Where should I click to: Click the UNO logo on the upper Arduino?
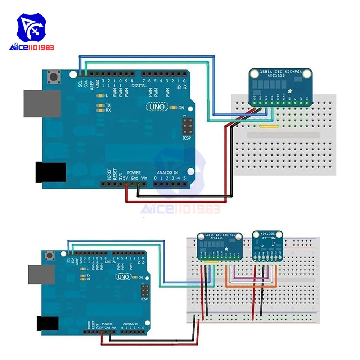157,107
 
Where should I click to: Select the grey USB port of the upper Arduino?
37,103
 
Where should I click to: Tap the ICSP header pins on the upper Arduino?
187,126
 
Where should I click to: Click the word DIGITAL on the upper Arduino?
139,86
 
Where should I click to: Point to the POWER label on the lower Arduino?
107,324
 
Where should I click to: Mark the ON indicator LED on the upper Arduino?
175,107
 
